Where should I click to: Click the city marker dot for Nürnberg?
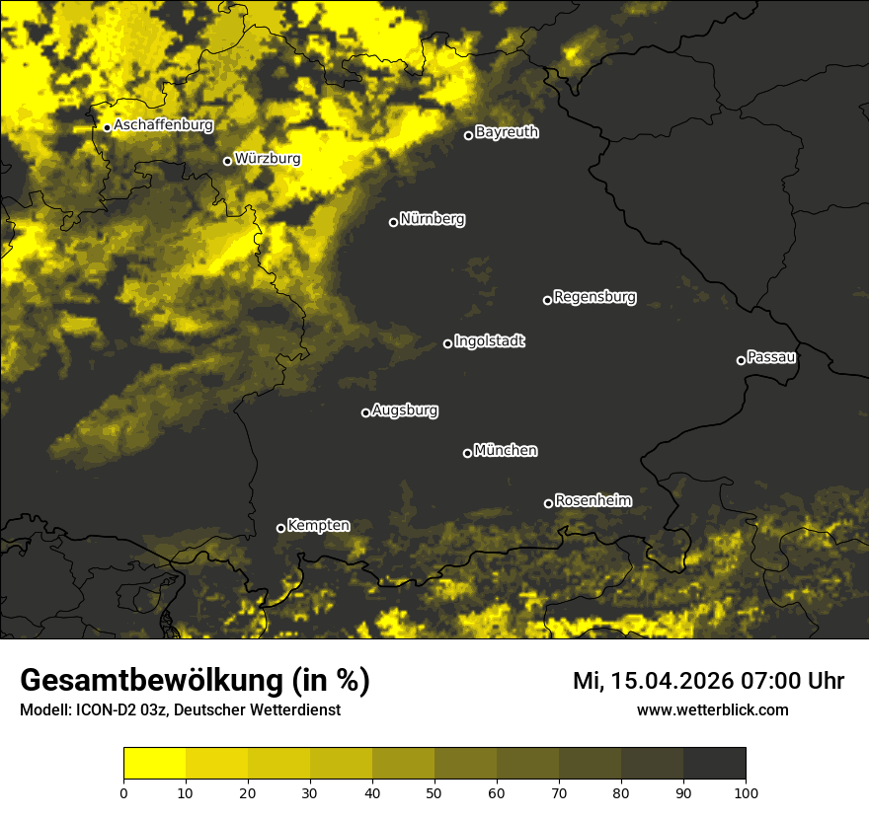tap(393, 222)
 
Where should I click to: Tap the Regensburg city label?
tap(594, 297)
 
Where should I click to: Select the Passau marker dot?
tap(741, 360)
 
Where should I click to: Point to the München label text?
tap(506, 451)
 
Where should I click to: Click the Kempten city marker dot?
tap(280, 528)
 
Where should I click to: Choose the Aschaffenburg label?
tap(163, 125)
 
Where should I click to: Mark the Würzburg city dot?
tap(227, 161)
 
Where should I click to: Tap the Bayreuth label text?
tap(507, 132)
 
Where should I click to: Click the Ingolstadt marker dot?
tap(447, 343)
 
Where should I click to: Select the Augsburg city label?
tap(405, 410)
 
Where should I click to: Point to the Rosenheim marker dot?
tap(548, 504)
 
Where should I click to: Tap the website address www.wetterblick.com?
tap(712, 710)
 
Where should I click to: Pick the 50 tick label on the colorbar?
tap(434, 791)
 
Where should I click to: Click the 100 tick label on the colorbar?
tap(745, 791)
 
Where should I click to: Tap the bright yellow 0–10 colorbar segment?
tap(155, 764)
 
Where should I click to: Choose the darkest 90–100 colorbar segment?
tap(714, 764)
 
